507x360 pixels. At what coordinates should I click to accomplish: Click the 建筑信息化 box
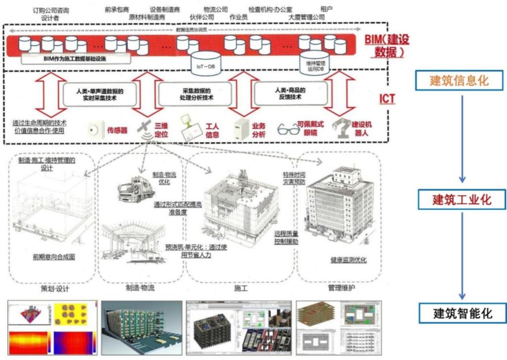(458, 80)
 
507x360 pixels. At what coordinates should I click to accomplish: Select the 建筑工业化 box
(461, 200)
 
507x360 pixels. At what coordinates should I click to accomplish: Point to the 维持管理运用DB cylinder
(314, 61)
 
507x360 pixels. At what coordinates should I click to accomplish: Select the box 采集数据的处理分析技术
(195, 94)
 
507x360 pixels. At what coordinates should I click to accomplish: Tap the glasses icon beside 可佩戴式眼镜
(289, 130)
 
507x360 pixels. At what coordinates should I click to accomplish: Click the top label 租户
(326, 9)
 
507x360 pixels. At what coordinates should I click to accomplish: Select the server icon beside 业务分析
(241, 128)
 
